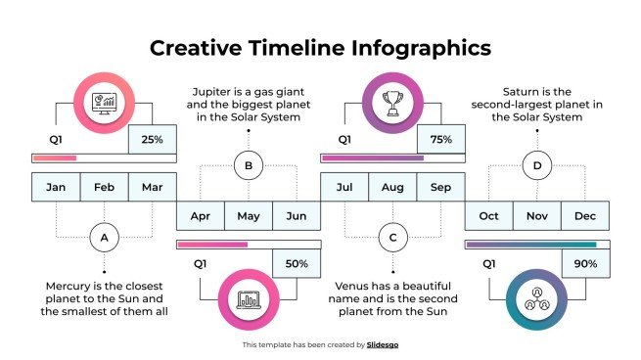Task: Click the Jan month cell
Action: point(56,187)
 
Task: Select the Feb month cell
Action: point(104,187)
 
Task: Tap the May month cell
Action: point(249,215)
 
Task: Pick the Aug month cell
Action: point(392,187)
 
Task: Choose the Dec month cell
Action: point(585,215)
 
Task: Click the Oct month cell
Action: point(488,215)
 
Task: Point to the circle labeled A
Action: point(104,237)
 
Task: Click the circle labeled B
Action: point(249,165)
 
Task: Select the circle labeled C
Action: point(392,237)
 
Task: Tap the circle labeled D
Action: point(536,165)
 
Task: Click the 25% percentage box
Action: point(152,140)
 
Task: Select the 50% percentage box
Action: point(297,264)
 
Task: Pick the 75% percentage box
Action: point(440,140)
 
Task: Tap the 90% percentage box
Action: point(585,264)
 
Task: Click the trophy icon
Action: point(392,100)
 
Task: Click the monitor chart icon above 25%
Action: point(104,100)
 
